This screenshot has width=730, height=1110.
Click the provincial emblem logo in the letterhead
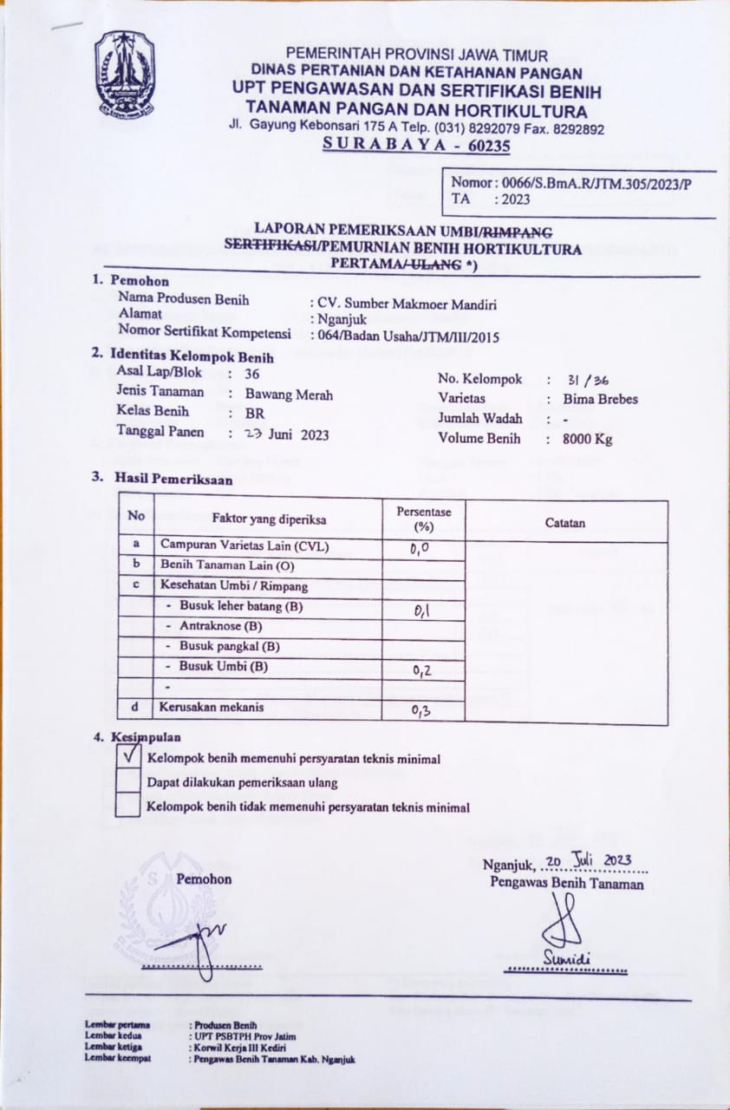pyautogui.click(x=126, y=74)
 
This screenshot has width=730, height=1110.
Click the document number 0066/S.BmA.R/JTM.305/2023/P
pyautogui.click(x=571, y=183)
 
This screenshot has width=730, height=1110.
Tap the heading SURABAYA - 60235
pyautogui.click(x=416, y=145)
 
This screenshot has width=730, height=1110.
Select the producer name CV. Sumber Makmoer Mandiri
pyautogui.click(x=404, y=304)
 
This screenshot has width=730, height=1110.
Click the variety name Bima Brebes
pyautogui.click(x=599, y=400)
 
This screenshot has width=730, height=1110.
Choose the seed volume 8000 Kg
pyautogui.click(x=586, y=439)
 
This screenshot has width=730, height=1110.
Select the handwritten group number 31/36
pyautogui.click(x=586, y=380)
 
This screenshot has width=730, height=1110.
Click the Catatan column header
pyautogui.click(x=565, y=523)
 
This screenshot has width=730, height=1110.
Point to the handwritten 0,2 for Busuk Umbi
pyautogui.click(x=422, y=669)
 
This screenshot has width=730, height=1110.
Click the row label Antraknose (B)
pyautogui.click(x=220, y=626)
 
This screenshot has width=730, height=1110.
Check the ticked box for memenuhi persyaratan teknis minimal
pyautogui.click(x=128, y=756)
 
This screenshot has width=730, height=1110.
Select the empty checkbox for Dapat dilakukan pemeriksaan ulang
pyautogui.click(x=128, y=781)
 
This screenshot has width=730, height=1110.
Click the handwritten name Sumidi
pyautogui.click(x=567, y=958)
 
